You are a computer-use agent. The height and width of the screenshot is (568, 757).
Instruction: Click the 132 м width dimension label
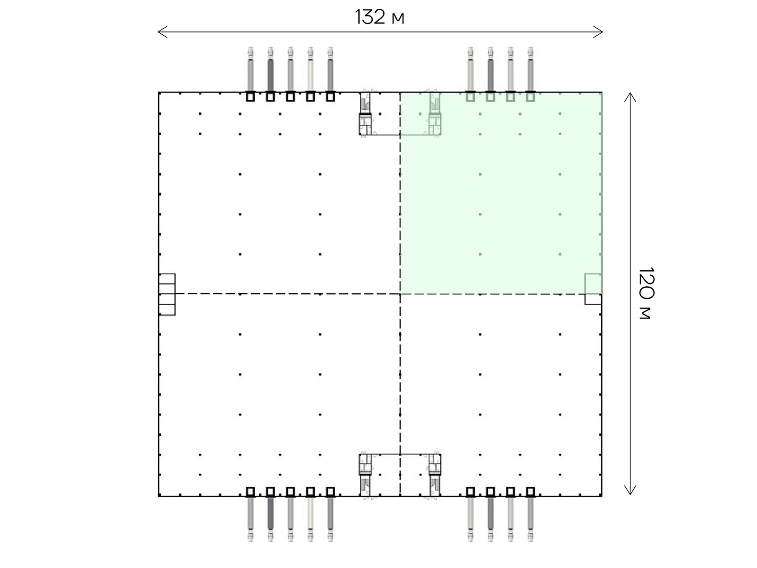(x=379, y=17)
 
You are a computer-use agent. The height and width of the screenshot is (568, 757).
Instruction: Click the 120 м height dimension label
(x=646, y=293)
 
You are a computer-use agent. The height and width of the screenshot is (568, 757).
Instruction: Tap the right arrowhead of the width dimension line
(x=598, y=32)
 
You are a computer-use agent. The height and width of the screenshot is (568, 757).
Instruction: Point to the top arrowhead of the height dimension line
(x=630, y=97)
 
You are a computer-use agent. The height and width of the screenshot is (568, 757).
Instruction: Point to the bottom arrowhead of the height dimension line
(x=630, y=490)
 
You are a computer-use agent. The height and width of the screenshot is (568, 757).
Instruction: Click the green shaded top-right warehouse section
(x=501, y=193)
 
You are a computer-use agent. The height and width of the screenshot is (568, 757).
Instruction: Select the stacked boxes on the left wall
(x=167, y=294)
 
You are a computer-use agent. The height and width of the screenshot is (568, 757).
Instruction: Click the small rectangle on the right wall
(x=593, y=289)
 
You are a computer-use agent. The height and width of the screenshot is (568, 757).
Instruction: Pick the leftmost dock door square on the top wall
(x=250, y=97)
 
